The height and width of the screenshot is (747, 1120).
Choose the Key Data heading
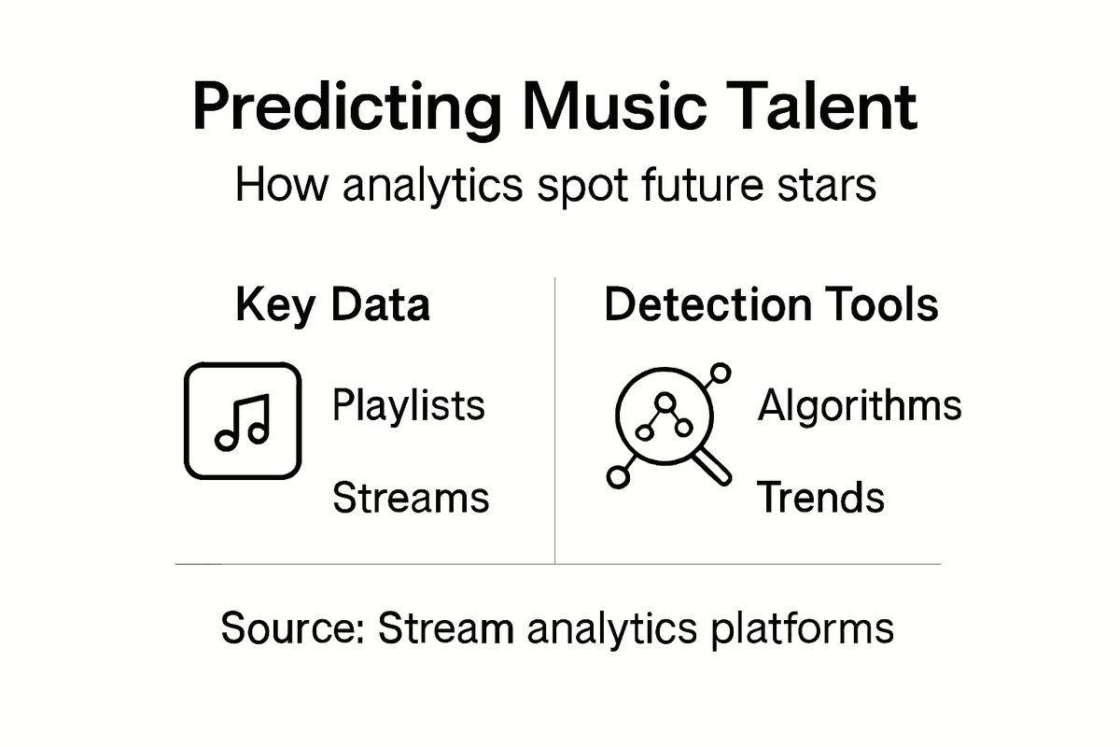click(x=332, y=306)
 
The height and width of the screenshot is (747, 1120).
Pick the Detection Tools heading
click(x=771, y=306)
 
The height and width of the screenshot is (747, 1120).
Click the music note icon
click(x=243, y=421)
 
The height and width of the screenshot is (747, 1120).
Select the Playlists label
click(x=409, y=407)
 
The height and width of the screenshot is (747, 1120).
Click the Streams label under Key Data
click(x=411, y=499)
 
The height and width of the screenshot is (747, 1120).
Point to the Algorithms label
click(x=859, y=406)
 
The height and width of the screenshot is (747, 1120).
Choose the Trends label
click(x=820, y=499)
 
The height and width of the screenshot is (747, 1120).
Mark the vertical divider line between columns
click(x=555, y=420)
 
